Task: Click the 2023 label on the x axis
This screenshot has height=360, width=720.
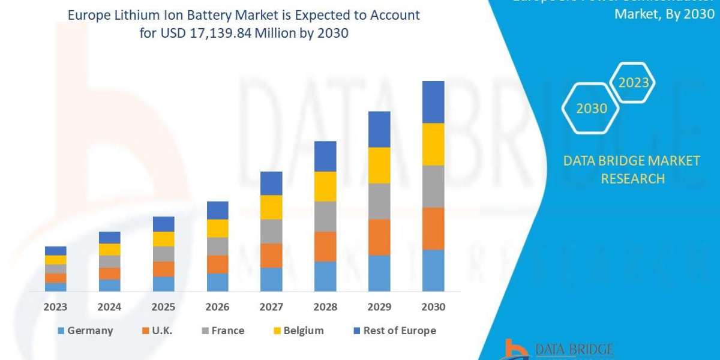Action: (55, 307)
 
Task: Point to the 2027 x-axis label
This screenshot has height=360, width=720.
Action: (271, 307)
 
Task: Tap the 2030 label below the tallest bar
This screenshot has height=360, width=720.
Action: (433, 307)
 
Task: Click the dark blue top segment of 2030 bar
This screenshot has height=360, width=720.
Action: (433, 102)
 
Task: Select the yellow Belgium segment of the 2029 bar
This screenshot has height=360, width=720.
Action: (379, 165)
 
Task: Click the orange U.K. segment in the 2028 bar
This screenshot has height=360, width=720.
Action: (325, 246)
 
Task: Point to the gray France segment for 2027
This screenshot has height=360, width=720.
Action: (271, 231)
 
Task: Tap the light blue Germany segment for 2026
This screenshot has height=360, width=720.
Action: (217, 282)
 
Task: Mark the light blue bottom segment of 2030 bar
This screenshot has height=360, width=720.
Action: (433, 270)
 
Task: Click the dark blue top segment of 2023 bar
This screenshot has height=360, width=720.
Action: (55, 251)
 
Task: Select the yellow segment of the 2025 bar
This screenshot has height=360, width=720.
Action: (163, 239)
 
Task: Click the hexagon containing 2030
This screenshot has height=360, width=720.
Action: (591, 109)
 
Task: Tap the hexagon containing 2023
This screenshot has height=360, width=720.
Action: (633, 83)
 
